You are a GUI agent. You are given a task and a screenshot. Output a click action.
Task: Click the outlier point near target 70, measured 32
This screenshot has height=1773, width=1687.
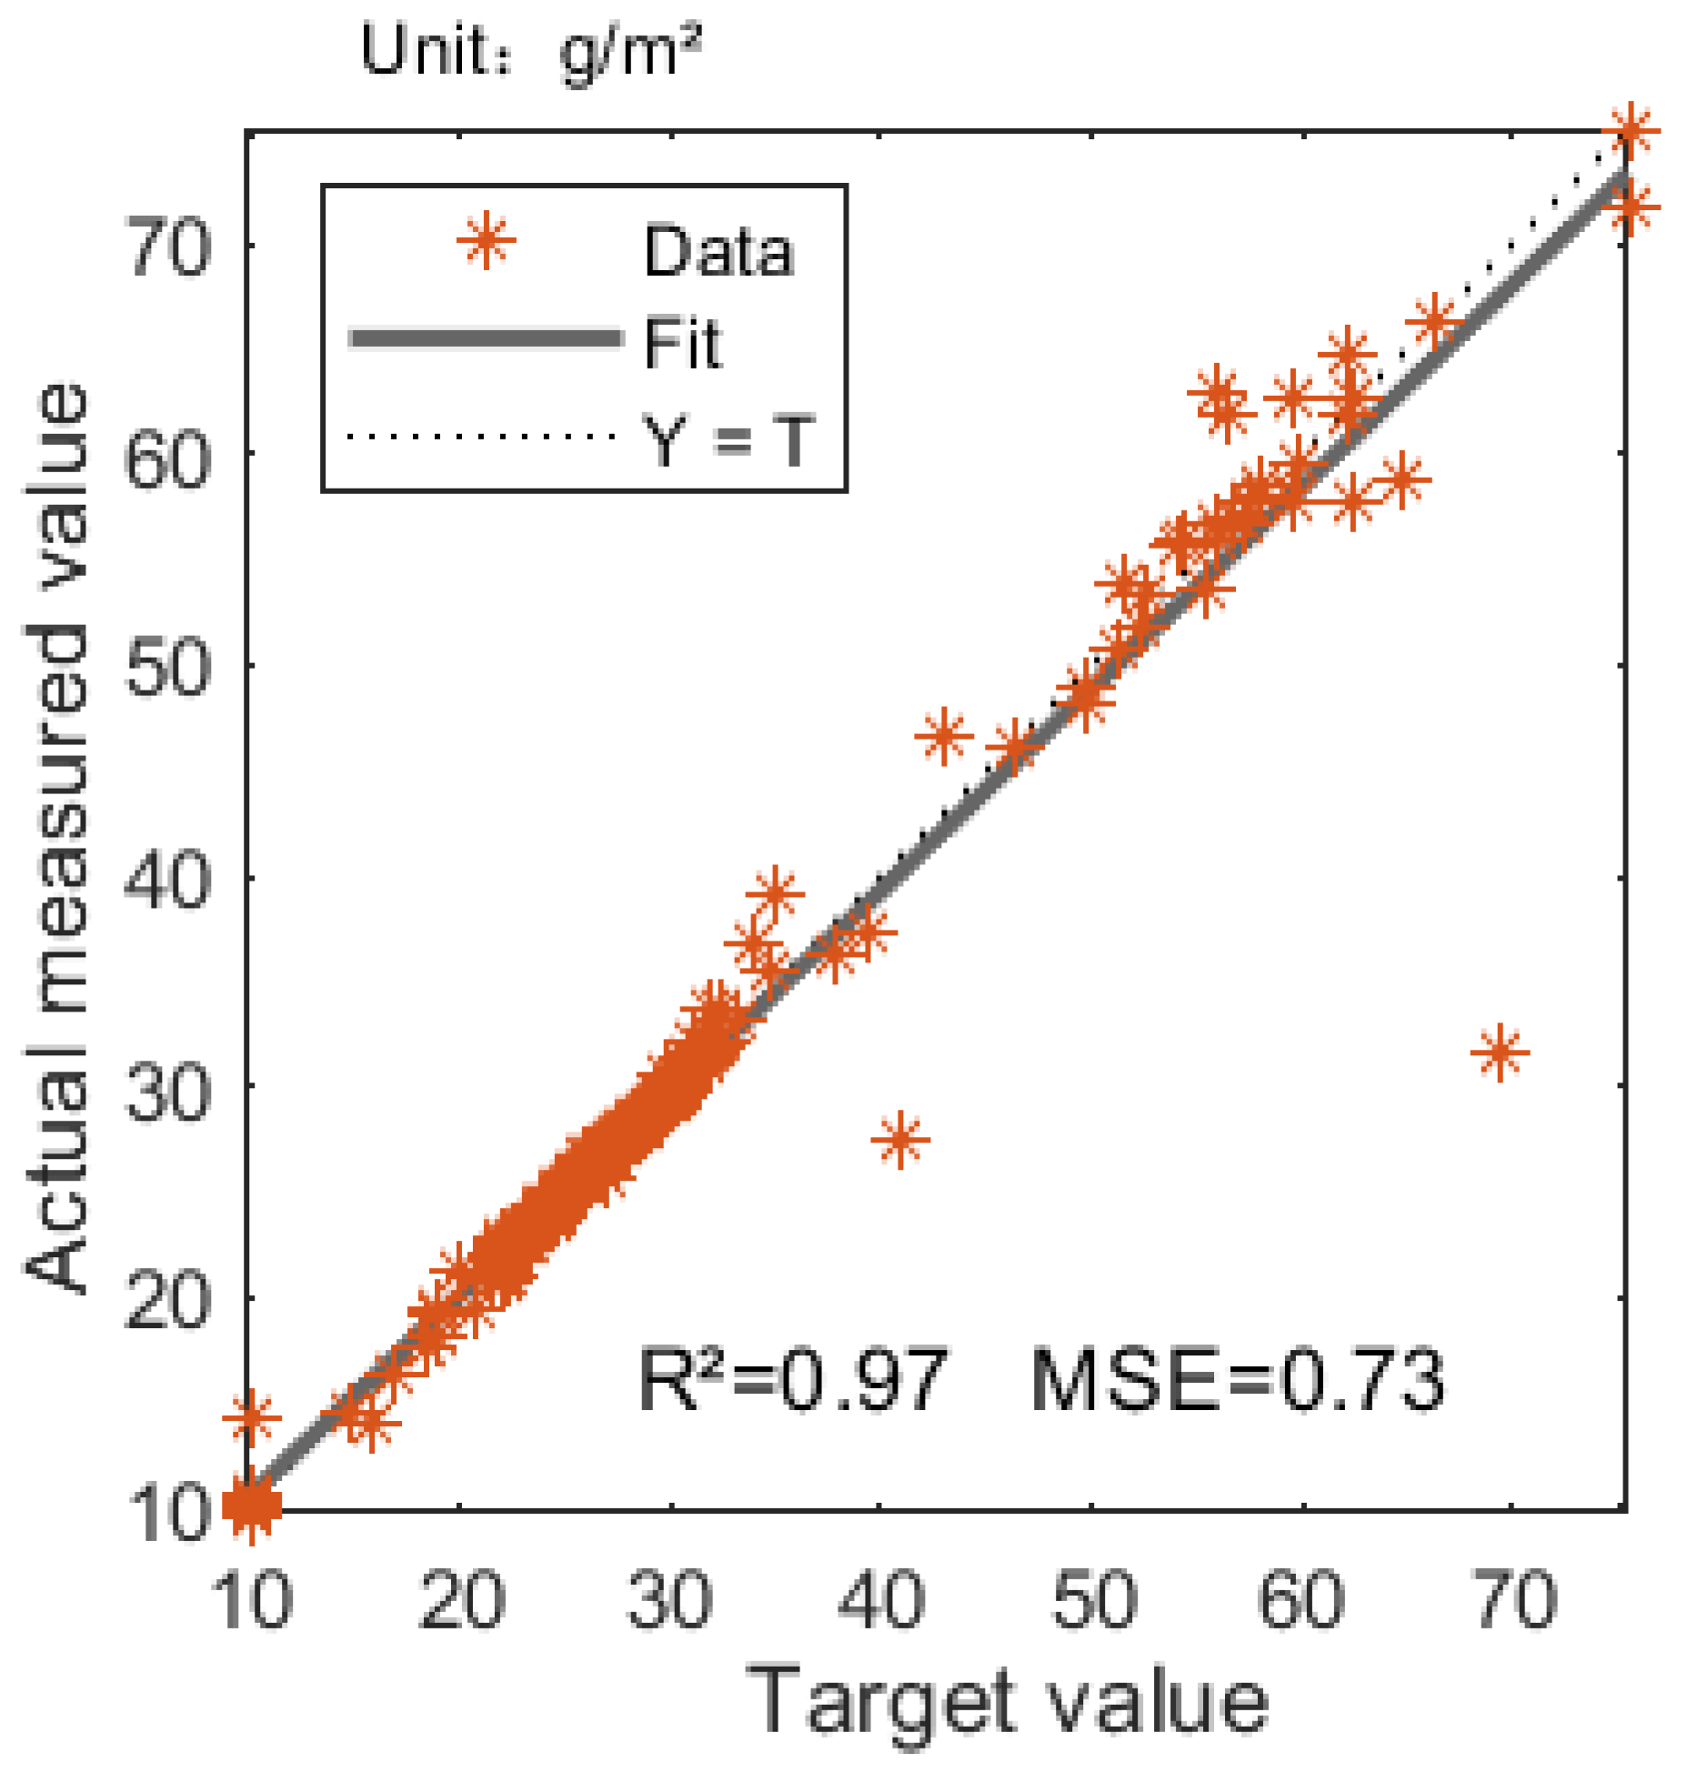tap(1499, 1053)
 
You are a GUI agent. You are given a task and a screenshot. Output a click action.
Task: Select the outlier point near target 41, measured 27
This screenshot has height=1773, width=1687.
tap(900, 1139)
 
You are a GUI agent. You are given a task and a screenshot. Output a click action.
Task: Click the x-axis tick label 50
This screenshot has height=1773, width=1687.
tap(1094, 1600)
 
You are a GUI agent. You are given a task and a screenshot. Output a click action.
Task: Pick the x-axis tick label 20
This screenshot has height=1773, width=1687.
tap(461, 1600)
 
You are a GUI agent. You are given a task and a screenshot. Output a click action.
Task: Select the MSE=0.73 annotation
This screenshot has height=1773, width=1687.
tap(1237, 1380)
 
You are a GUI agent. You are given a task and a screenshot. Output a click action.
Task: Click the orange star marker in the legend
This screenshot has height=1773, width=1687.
tap(487, 241)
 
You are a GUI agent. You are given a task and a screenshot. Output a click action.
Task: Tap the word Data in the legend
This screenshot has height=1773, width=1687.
tap(718, 251)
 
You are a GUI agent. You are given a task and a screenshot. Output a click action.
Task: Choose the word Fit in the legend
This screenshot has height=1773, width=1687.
tap(682, 344)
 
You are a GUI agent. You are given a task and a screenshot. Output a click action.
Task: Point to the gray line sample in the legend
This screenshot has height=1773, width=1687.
tap(487, 339)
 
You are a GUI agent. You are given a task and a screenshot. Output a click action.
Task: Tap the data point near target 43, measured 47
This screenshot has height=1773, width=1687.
tap(943, 735)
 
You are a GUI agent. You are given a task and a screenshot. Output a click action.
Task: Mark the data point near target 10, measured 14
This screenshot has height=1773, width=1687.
tap(252, 1416)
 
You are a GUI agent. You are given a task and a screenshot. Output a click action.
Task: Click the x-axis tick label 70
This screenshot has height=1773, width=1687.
tap(1513, 1600)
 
